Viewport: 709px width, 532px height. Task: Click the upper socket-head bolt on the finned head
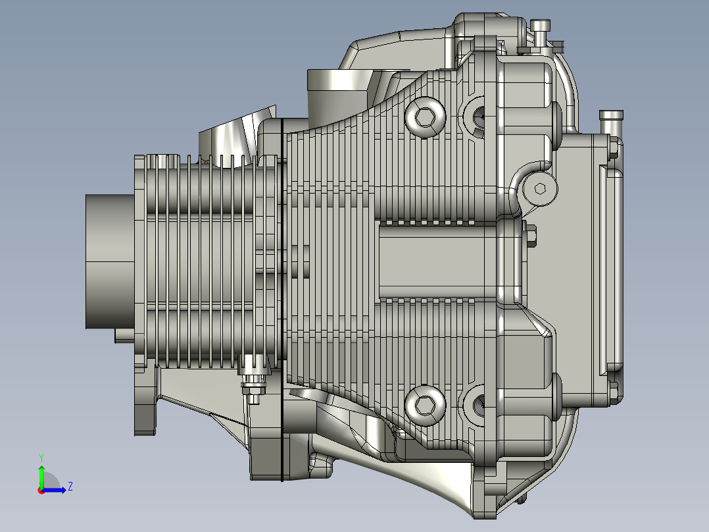425,118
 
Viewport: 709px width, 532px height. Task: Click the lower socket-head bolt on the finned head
425,405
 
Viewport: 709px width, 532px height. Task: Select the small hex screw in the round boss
540,189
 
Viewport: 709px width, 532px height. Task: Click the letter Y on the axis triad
41,457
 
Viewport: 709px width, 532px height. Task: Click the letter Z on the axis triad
70,487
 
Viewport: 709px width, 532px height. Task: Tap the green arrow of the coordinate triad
41,474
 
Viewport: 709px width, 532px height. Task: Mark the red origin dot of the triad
41,491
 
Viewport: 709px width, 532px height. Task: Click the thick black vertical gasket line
282,296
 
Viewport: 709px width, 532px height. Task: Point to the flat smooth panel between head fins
437,260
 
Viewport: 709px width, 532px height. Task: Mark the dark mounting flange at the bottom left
144,408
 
